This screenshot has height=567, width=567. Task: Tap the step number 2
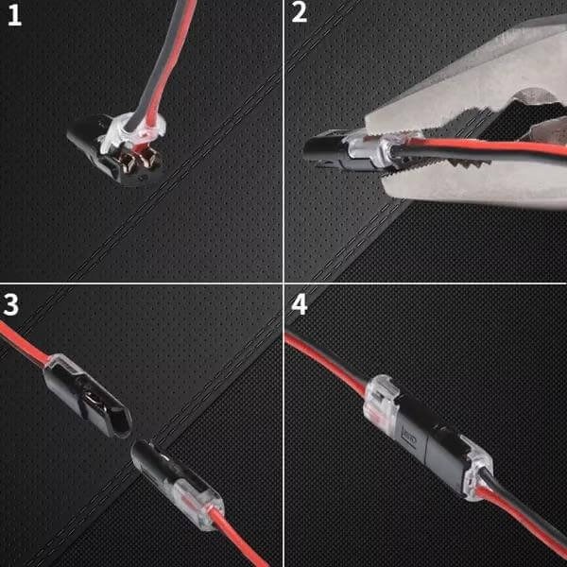300,16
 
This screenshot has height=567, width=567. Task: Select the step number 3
12,304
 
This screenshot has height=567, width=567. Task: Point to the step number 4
300,304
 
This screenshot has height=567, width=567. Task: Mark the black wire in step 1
157,66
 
